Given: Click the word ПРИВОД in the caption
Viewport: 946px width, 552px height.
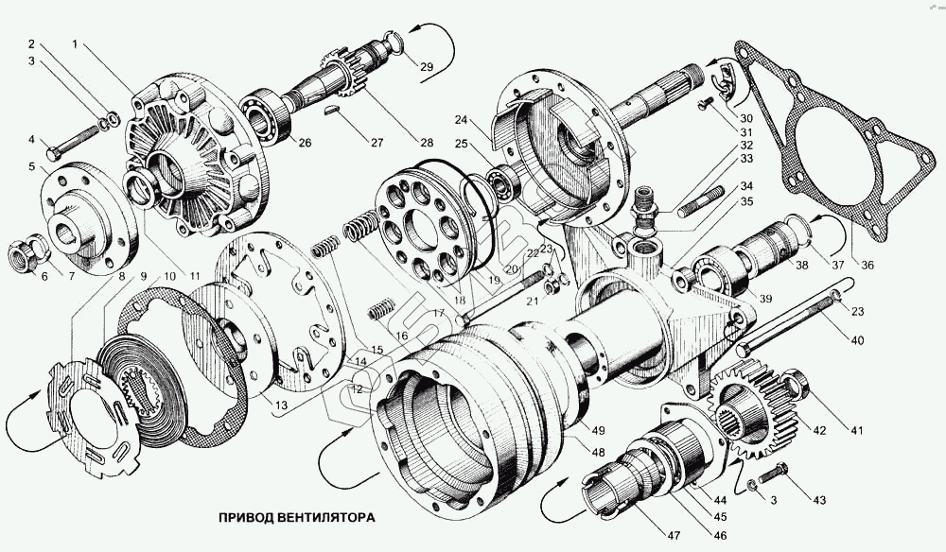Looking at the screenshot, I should coord(247,518).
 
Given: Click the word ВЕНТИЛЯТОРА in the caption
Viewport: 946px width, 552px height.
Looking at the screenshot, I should coord(326,518).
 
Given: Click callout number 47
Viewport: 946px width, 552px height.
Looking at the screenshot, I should coord(673,537).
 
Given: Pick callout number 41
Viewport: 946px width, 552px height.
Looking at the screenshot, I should coord(856,431).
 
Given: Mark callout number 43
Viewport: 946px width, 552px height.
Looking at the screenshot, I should coord(819,499).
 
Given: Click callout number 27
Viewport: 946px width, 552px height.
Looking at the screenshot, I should coord(377,143).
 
